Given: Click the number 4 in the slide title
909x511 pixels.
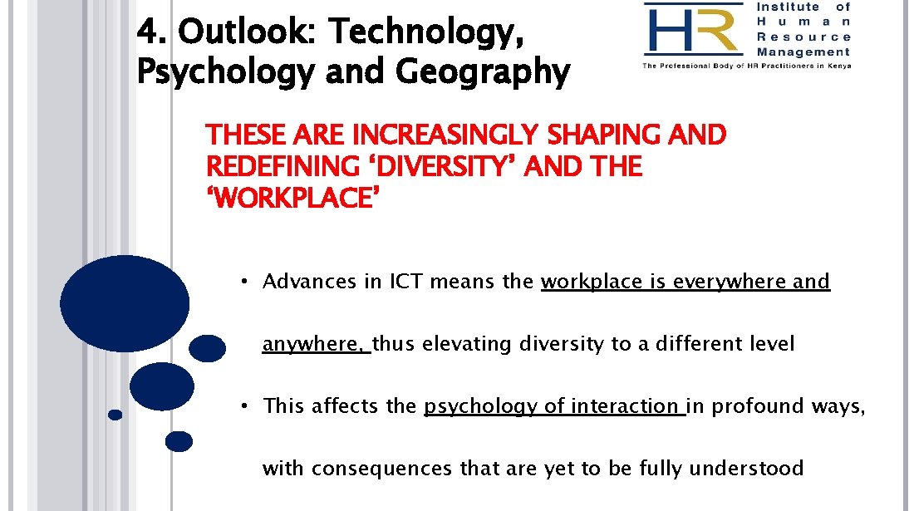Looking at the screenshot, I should (146, 32).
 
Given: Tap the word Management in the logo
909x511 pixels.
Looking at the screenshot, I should (803, 52).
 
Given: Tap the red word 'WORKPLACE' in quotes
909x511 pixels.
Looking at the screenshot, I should (287, 199).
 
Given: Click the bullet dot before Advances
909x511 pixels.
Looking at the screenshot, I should (246, 281).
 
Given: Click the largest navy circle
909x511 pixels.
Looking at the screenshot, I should (125, 302).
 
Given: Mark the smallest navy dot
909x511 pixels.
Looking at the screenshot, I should (115, 414).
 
